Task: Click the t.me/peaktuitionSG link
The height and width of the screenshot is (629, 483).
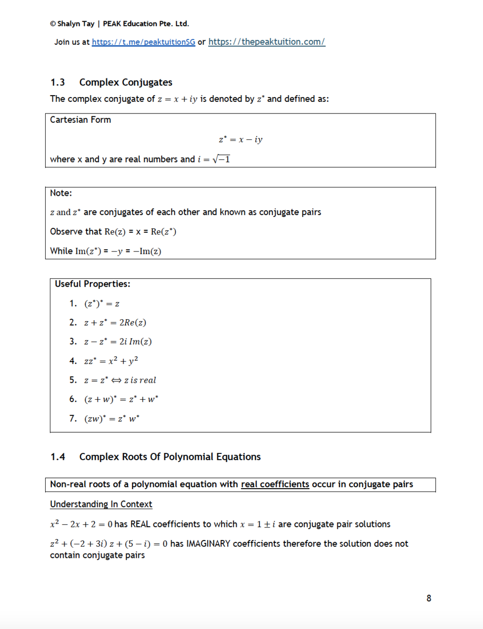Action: coord(143,42)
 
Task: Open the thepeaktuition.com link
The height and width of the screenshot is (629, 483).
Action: coord(266,42)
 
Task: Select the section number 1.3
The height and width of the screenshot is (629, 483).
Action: coord(58,82)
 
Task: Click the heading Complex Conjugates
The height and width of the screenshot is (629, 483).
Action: coord(125,82)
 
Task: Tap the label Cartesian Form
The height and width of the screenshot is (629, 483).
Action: coord(80,120)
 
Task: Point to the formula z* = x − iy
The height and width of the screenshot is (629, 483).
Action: coord(240,139)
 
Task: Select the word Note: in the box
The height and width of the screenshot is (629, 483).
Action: coord(61,193)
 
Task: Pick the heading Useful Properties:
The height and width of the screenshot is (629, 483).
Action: coord(92,284)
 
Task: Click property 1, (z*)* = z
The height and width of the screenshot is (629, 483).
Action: coord(102,303)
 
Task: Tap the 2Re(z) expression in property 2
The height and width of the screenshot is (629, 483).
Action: coord(133,323)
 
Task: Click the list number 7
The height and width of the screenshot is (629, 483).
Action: coord(73,418)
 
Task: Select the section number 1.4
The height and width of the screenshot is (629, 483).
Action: coord(58,457)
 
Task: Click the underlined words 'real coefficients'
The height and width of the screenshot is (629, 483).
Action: coord(275,484)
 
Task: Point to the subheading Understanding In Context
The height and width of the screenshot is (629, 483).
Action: coord(101,504)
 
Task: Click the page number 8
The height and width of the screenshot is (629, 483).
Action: coord(429,598)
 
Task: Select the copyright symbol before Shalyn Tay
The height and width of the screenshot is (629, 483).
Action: coord(53,24)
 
